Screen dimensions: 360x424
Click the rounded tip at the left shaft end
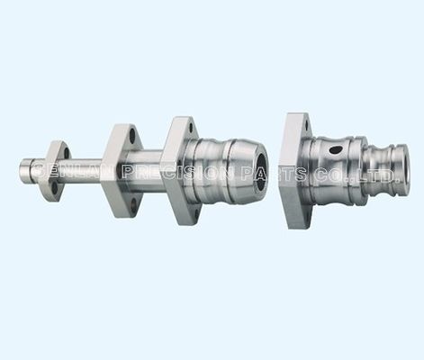[x=24, y=169]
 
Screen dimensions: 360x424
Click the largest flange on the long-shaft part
[x=179, y=170]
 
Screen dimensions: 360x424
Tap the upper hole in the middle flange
[x=132, y=137]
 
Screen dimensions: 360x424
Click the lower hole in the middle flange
[x=132, y=203]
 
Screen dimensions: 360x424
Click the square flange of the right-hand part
[x=293, y=171]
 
